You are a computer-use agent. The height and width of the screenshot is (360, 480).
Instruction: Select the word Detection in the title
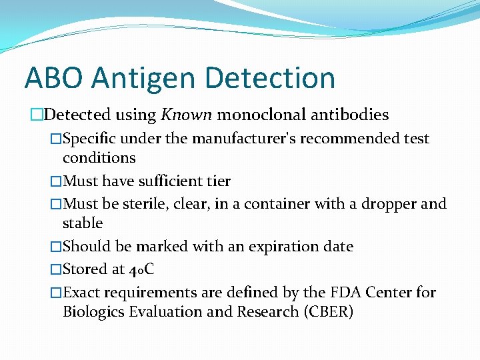coord(270,78)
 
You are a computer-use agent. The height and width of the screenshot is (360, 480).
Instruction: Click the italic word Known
coord(187,115)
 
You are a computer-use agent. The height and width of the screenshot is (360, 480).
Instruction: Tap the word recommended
coord(353,139)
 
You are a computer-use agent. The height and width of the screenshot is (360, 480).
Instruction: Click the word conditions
coord(99,158)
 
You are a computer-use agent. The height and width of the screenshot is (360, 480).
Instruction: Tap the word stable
coord(83,223)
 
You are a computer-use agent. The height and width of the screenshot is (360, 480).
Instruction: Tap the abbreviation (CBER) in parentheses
coord(327,311)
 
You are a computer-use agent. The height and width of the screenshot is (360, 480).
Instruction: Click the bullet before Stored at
coord(56,269)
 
